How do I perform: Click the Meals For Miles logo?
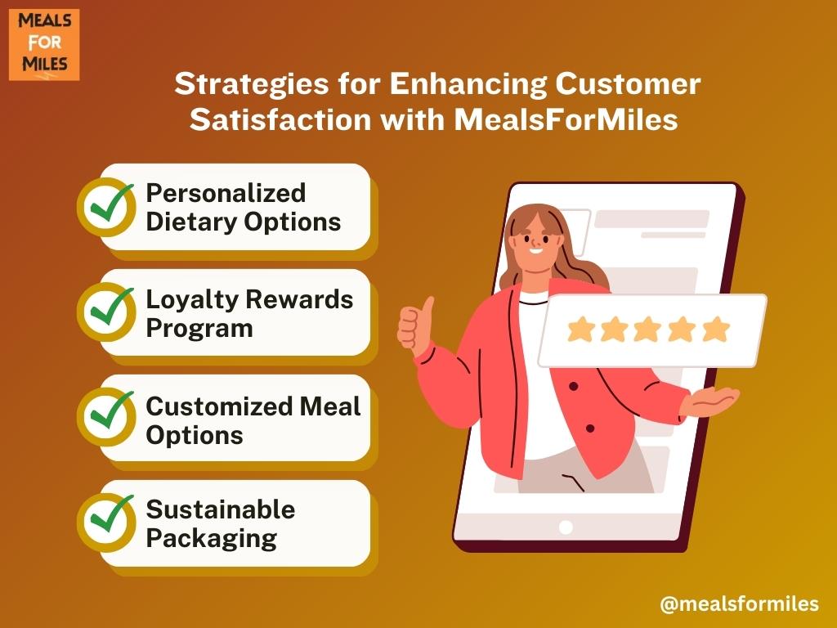(x=44, y=45)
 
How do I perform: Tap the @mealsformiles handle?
(x=739, y=604)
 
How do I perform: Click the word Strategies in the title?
(x=252, y=84)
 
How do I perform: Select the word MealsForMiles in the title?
(x=566, y=119)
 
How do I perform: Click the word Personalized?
(x=226, y=193)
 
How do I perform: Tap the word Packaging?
(x=212, y=539)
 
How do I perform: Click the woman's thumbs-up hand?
(x=414, y=325)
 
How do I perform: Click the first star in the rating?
(x=581, y=329)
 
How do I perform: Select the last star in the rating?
(x=716, y=329)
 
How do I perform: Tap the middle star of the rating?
(x=647, y=329)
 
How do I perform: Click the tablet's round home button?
(x=566, y=527)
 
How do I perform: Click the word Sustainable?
(x=221, y=509)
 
